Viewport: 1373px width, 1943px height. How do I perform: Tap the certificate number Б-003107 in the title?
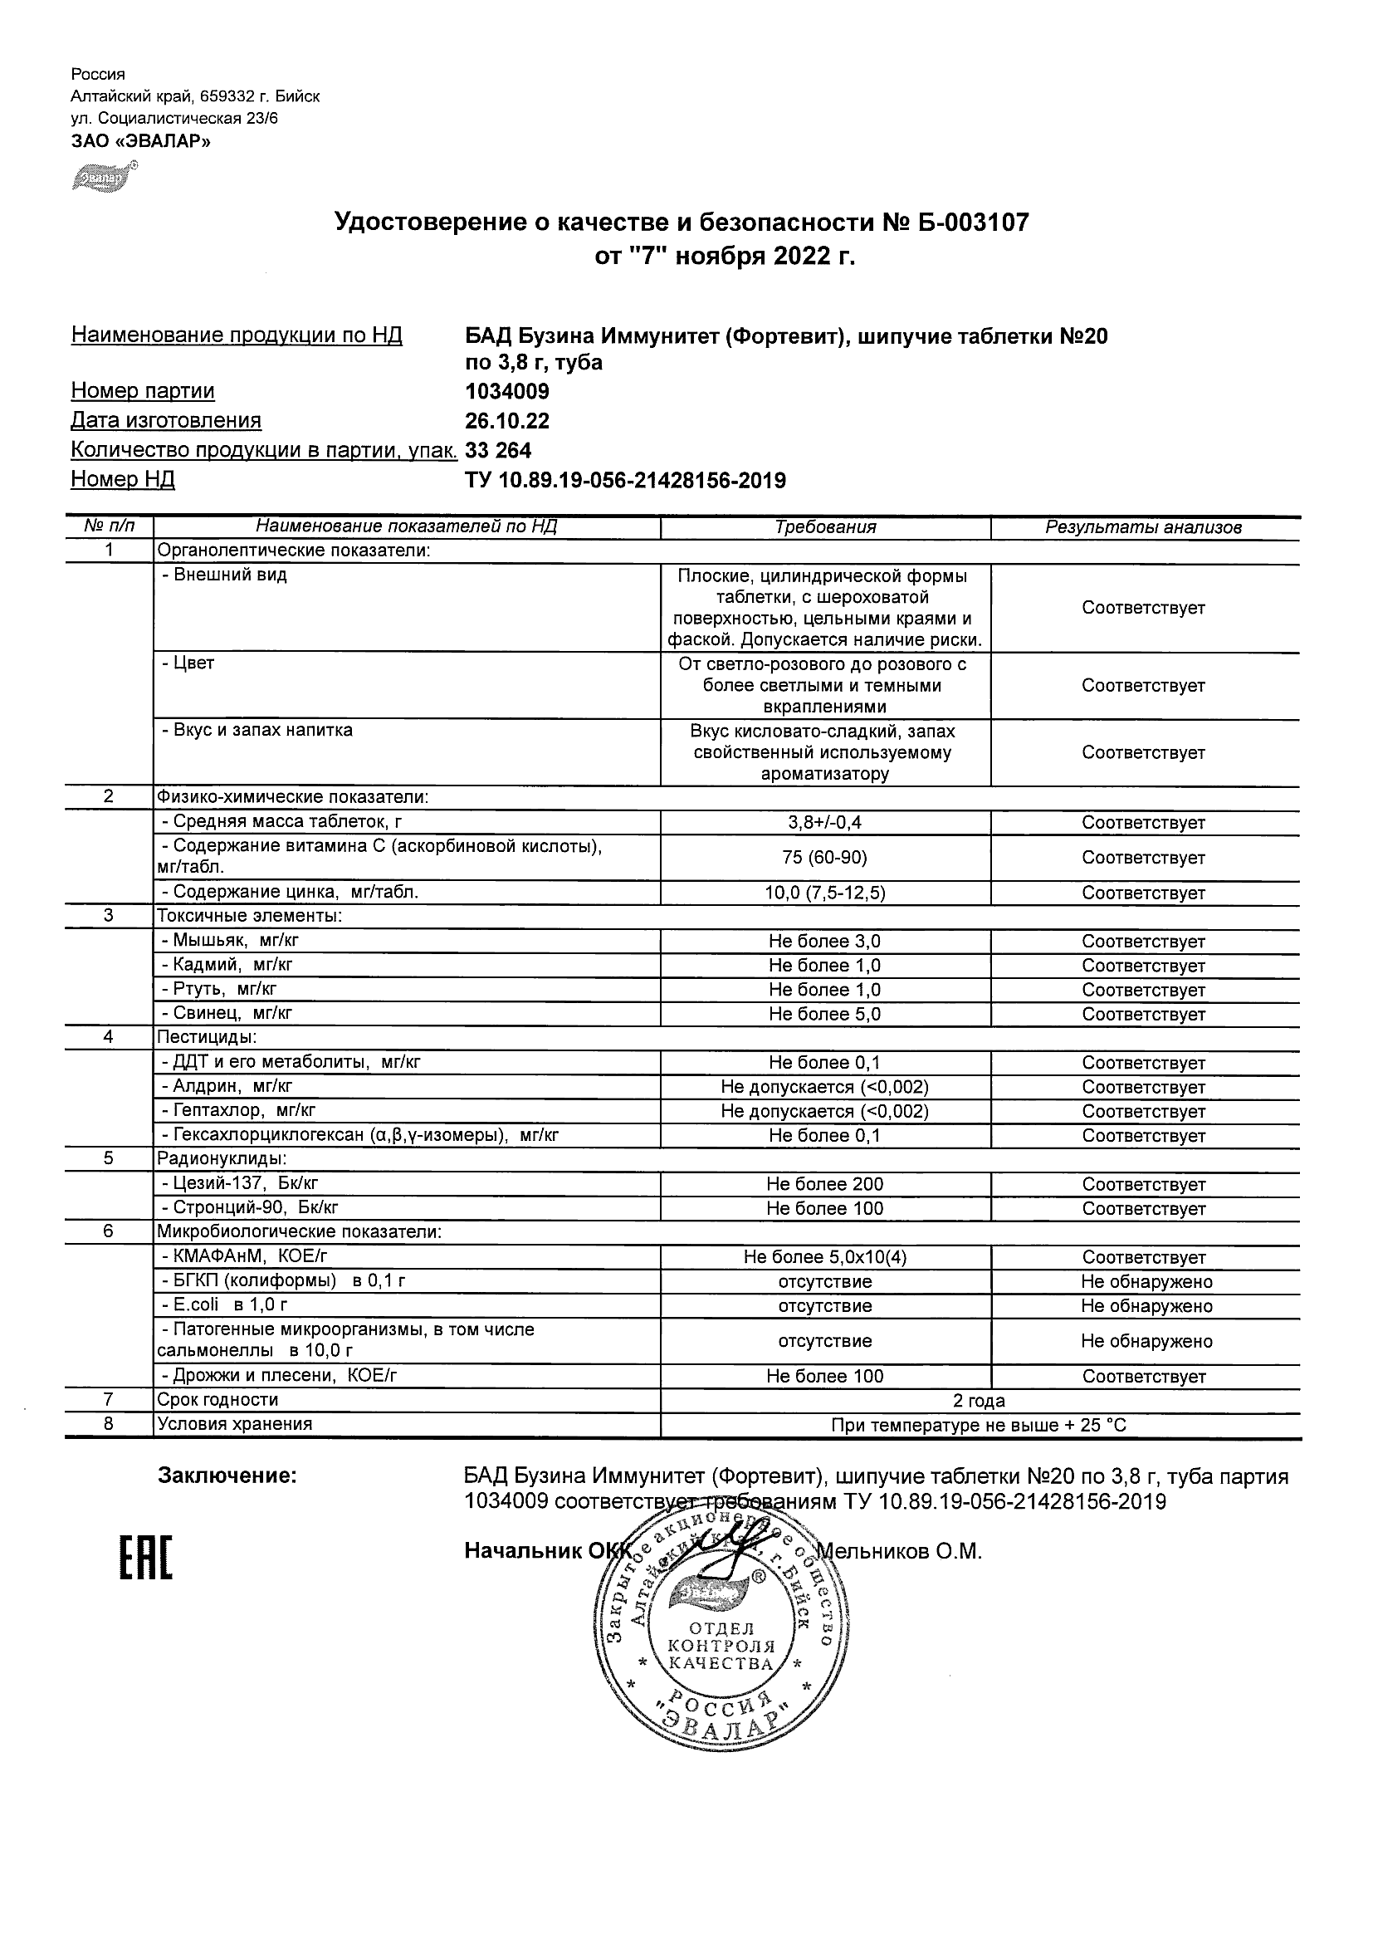972,223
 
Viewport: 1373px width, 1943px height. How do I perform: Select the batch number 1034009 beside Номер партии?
506,392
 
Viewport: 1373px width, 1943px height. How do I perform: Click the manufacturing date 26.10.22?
506,422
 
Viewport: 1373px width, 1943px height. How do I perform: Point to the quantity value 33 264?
498,450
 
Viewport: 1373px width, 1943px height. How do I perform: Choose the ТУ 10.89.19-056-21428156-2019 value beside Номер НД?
625,481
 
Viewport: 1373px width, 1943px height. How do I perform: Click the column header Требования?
825,527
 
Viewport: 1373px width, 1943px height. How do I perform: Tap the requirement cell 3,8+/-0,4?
825,823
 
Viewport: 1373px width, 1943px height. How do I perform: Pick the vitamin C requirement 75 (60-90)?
825,857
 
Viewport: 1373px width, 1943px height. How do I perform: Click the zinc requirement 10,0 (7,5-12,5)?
825,893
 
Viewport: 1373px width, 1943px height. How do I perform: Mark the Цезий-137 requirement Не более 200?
825,1184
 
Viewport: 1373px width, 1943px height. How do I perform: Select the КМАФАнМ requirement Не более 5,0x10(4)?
825,1257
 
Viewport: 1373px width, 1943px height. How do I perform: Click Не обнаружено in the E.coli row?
1146,1306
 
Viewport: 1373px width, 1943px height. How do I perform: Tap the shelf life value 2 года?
979,1401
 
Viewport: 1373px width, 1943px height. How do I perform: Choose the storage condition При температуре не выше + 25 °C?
979,1425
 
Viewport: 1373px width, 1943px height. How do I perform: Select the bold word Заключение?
227,1476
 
